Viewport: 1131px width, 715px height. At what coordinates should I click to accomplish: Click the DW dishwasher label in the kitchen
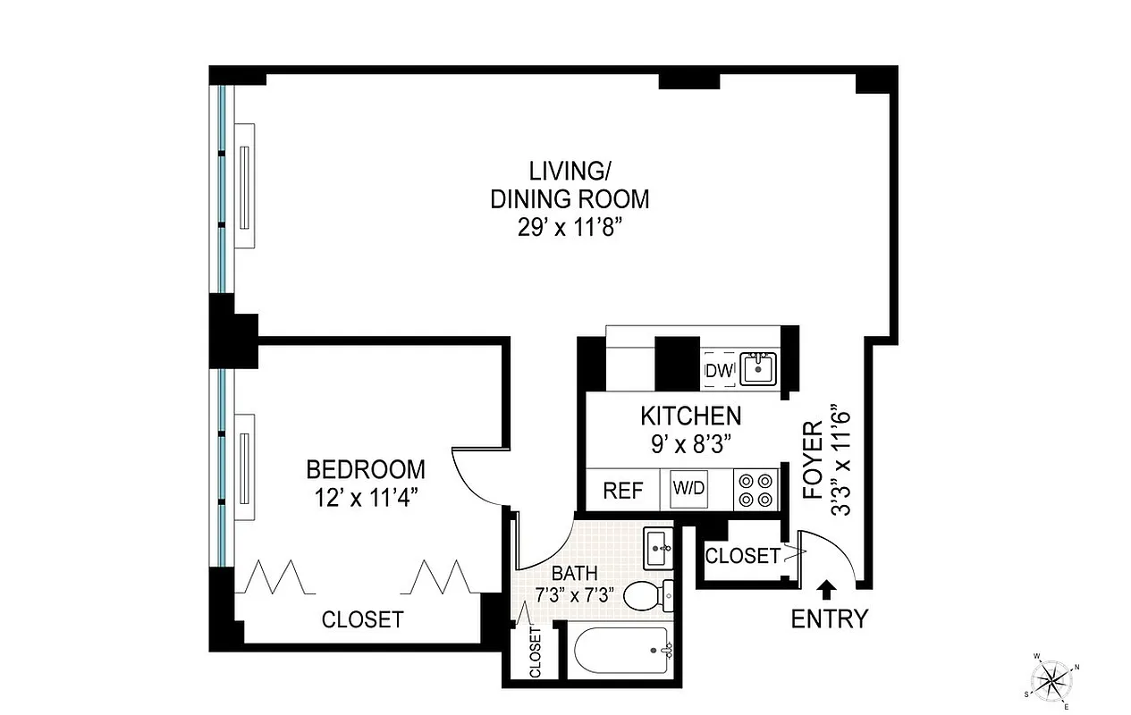719,370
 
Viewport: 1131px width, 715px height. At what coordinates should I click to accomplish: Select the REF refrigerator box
623,491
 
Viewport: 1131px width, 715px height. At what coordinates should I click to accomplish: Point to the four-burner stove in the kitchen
756,490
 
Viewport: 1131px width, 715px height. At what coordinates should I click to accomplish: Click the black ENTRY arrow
828,588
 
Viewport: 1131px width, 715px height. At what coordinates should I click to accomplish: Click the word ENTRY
829,618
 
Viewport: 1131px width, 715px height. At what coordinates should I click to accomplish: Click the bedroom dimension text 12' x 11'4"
366,498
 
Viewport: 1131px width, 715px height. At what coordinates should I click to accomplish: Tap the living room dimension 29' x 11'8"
569,227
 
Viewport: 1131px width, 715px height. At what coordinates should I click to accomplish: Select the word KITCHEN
690,416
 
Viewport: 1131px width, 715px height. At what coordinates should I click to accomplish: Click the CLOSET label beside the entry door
742,556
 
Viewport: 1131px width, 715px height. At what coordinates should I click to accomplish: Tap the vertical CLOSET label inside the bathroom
536,653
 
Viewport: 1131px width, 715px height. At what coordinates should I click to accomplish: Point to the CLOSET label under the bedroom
362,619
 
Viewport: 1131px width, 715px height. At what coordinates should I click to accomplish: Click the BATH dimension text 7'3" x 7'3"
572,594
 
